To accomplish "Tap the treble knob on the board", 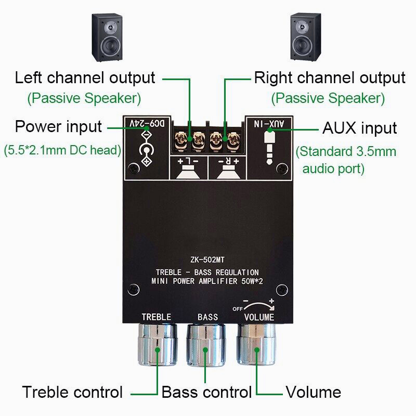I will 157,345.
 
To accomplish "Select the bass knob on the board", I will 206,345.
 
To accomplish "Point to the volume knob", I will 256,345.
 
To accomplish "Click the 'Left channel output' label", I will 85,78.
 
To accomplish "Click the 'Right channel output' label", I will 329,78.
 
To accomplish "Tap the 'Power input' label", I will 58,126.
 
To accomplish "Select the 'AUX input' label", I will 360,128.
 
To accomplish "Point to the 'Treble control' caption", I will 72,392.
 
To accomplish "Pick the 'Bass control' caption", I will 206,392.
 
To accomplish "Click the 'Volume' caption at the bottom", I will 313,392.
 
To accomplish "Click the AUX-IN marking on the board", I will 271,124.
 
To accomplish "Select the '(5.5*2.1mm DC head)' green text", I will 62,151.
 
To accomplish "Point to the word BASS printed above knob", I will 208,317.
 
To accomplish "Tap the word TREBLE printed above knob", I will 157,317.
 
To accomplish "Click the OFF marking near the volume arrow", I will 237,308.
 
